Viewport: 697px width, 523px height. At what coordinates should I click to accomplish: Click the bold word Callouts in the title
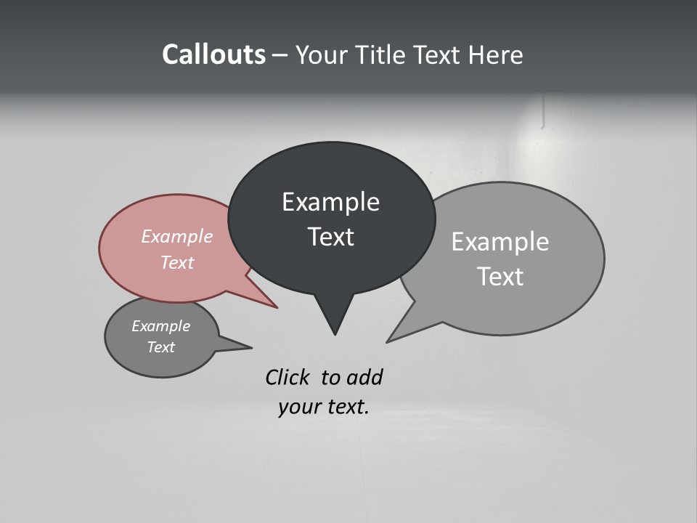213,55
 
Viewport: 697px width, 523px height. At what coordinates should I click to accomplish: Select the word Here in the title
496,55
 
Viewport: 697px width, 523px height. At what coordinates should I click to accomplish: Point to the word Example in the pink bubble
176,237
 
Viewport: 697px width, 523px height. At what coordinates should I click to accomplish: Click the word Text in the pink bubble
176,262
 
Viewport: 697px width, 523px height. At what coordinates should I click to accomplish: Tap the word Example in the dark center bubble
330,202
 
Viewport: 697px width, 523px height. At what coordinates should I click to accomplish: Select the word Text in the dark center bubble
330,237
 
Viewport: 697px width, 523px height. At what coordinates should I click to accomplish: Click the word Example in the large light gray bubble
500,242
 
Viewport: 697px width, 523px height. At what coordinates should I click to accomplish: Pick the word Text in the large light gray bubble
500,276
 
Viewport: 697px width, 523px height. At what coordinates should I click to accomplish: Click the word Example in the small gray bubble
160,327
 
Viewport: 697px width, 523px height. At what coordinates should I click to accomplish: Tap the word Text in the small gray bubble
160,347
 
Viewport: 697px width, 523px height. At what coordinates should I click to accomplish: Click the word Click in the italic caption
288,378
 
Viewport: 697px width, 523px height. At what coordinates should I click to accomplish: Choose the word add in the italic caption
364,378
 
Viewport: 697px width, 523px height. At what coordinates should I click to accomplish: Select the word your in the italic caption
298,407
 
